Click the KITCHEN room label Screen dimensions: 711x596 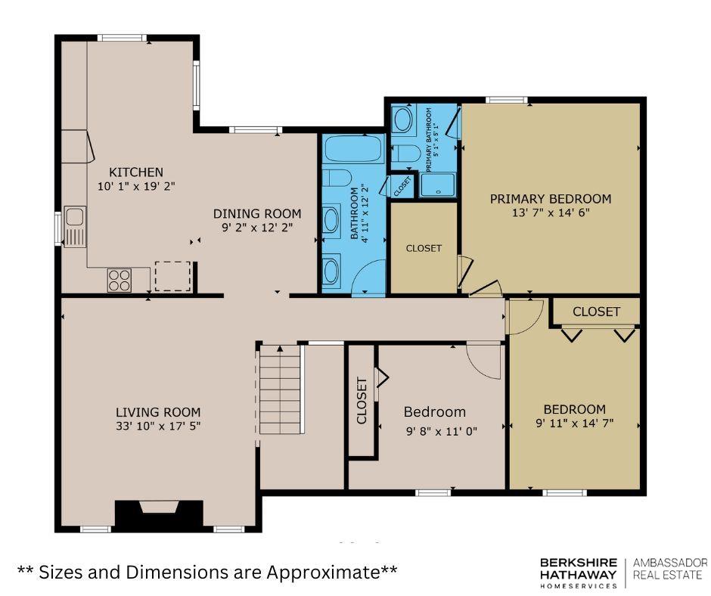point(136,172)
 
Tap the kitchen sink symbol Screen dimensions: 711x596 point(75,226)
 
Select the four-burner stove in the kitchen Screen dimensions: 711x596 point(120,280)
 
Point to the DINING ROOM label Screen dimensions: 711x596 point(257,213)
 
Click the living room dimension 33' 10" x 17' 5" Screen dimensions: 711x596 point(158,426)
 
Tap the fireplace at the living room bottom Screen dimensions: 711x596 point(159,515)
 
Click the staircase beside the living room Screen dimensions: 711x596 point(280,390)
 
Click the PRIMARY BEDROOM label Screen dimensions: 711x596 point(551,199)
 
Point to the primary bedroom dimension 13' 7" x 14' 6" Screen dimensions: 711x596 point(551,213)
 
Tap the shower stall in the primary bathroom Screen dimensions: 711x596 point(438,185)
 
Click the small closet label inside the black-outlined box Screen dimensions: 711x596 point(402,186)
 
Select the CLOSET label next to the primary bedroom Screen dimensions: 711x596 point(424,248)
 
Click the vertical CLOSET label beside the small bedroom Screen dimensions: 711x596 point(362,401)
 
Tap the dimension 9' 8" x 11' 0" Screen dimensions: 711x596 point(442,431)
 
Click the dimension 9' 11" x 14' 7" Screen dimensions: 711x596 point(575,424)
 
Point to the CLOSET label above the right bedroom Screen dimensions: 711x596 point(596,312)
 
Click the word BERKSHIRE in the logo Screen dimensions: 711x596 point(579,563)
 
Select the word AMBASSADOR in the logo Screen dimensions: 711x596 point(670,563)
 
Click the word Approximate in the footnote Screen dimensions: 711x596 point(324,573)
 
